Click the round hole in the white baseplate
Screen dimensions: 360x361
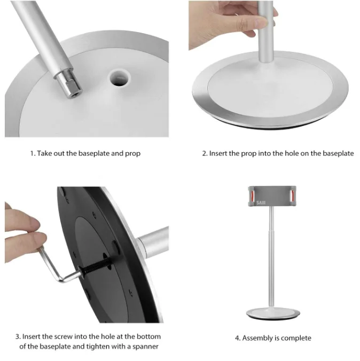119,78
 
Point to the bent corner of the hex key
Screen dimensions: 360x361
61,279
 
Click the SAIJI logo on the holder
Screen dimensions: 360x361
261,203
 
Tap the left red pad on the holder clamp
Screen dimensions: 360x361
253,195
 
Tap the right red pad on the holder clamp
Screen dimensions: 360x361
293,195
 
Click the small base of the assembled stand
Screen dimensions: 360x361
273,313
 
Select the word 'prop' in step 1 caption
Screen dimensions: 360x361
132,154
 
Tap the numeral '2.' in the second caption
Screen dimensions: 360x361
205,154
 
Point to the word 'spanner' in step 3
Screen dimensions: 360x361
145,347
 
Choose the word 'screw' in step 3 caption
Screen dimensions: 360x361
64,336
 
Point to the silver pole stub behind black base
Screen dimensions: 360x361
153,242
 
